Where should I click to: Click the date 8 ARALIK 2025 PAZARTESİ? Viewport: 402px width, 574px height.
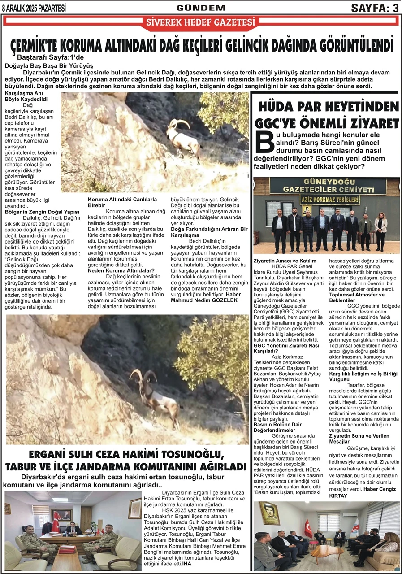pyautogui.click(x=34, y=7)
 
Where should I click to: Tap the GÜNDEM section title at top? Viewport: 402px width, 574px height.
pyautogui.click(x=201, y=8)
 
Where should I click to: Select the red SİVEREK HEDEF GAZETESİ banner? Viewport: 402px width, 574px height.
pyautogui.click(x=201, y=22)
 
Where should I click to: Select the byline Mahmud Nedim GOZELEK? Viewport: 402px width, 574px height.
pyautogui.click(x=204, y=300)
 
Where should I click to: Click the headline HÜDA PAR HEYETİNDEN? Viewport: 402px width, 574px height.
pyautogui.click(x=328, y=107)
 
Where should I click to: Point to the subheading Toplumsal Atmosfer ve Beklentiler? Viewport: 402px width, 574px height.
pyautogui.click(x=351, y=297)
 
